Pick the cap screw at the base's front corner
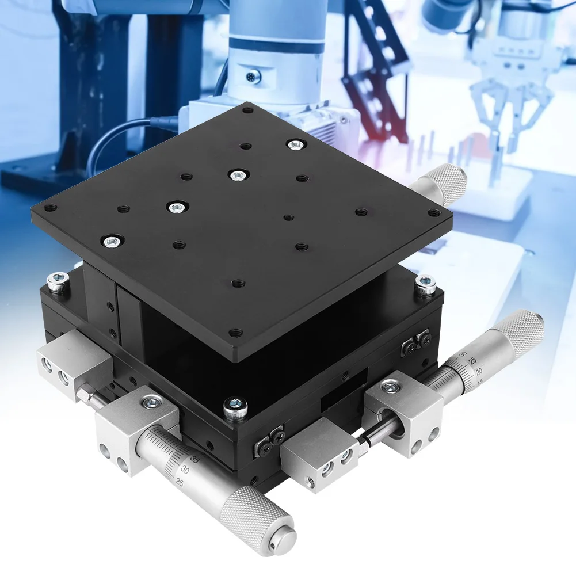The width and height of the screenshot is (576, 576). coord(232,406)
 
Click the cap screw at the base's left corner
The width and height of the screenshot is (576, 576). coord(58,281)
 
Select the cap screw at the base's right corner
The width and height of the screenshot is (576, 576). coord(425,283)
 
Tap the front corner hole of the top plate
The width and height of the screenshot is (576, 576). coord(233,332)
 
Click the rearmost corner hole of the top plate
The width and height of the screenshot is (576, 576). coord(249,109)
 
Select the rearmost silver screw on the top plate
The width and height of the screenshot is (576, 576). coord(295,144)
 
